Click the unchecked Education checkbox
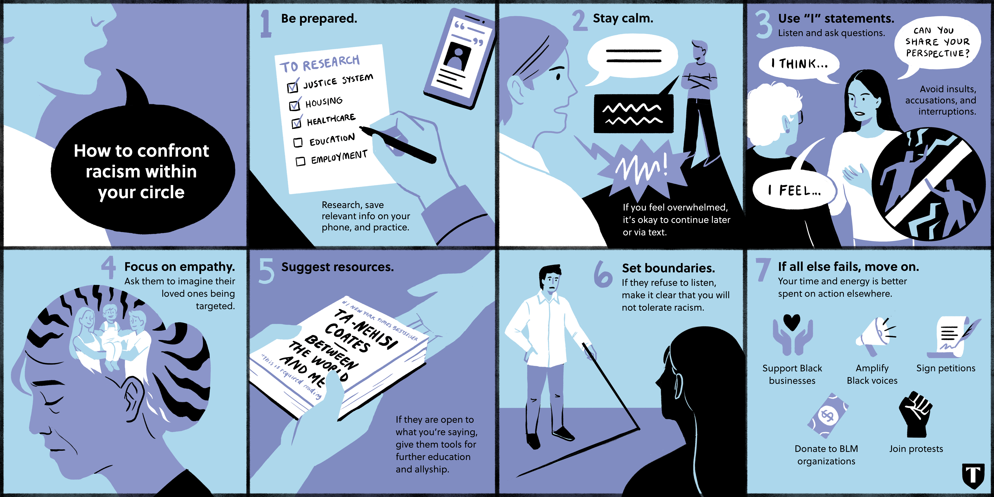[x=298, y=142]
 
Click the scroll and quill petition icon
[x=953, y=336]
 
